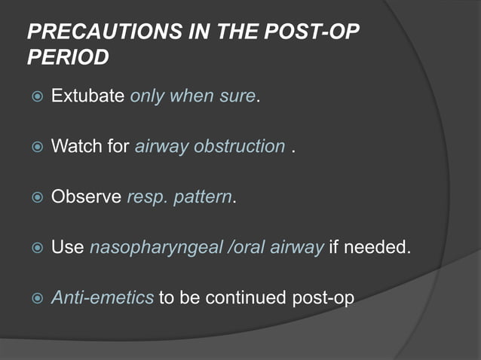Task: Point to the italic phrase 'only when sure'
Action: [x=193, y=97]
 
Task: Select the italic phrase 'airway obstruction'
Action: [x=210, y=146]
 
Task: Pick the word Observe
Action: [x=85, y=197]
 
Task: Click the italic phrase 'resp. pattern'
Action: [x=179, y=197]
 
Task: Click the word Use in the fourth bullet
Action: [x=66, y=247]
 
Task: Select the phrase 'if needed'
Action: [x=369, y=247]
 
